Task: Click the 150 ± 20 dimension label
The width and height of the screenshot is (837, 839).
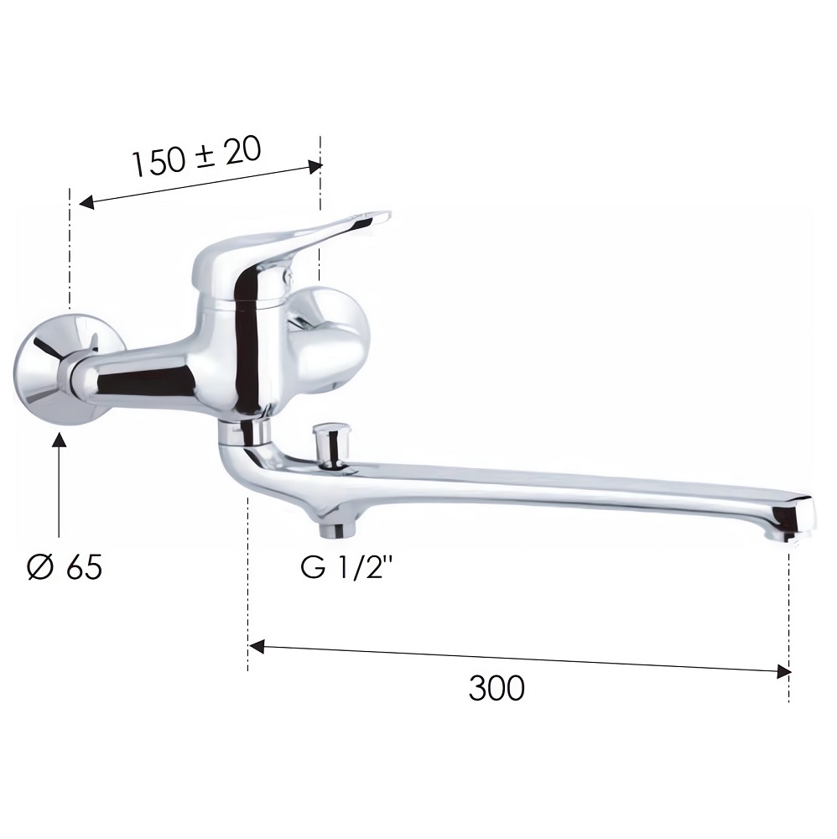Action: pyautogui.click(x=197, y=156)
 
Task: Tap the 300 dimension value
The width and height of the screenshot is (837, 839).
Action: pyautogui.click(x=496, y=688)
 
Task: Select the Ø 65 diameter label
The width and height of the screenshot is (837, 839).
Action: pyautogui.click(x=65, y=567)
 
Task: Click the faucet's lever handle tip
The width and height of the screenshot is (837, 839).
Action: pyautogui.click(x=382, y=216)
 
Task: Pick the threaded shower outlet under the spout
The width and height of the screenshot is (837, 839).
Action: pyautogui.click(x=332, y=529)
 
